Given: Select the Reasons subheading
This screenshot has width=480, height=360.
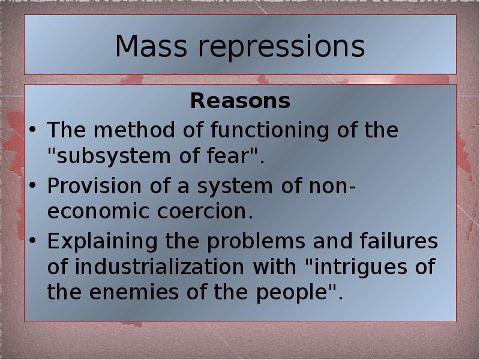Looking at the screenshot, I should point(240,101).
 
